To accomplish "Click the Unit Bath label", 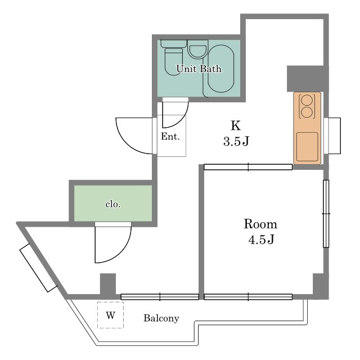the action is coord(199,69).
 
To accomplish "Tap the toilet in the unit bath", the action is coord(174,58).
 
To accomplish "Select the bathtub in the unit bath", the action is coord(221,69).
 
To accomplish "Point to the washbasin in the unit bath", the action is coord(197,50).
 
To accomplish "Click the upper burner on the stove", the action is coord(307,100).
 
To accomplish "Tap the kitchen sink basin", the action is coord(307,147).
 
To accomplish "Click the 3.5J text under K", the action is coord(236,141).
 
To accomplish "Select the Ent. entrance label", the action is coord(170,136).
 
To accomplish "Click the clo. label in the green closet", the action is coord(112,204).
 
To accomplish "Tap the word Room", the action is coord(260,224).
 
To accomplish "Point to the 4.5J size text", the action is coord(261,240).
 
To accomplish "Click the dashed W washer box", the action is coord(110,315).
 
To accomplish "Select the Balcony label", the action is coord(161,318).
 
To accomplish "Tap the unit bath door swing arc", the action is coord(181,120).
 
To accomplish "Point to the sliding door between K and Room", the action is coord(248,167).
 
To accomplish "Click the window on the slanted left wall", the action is coord(38,268).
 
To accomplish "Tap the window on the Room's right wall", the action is coord(326,214).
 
